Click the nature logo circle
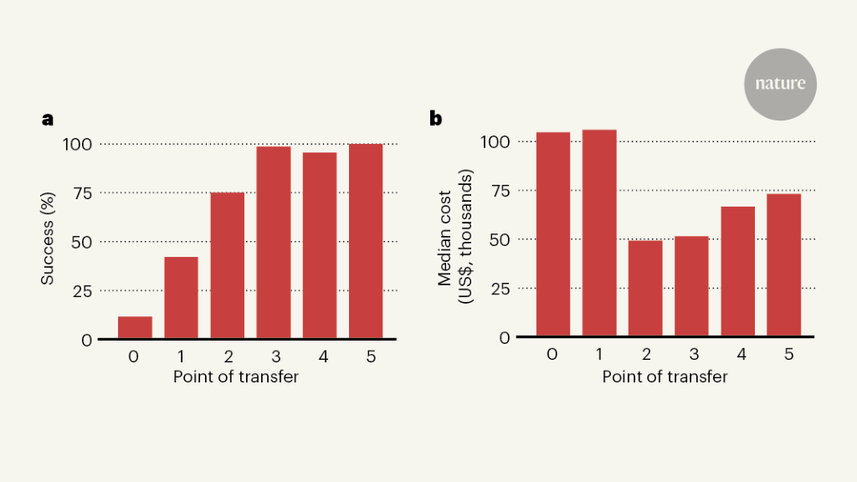(780, 84)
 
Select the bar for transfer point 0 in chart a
(135, 328)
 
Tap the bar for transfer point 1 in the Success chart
(181, 298)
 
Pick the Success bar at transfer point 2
(228, 266)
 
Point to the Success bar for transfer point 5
(366, 242)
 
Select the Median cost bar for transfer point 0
(553, 234)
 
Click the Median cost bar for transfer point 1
(599, 233)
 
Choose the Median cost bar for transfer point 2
(645, 289)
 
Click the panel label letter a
(48, 119)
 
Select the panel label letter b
(435, 118)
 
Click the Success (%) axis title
(48, 242)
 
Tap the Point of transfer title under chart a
(236, 377)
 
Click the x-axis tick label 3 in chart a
(274, 356)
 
